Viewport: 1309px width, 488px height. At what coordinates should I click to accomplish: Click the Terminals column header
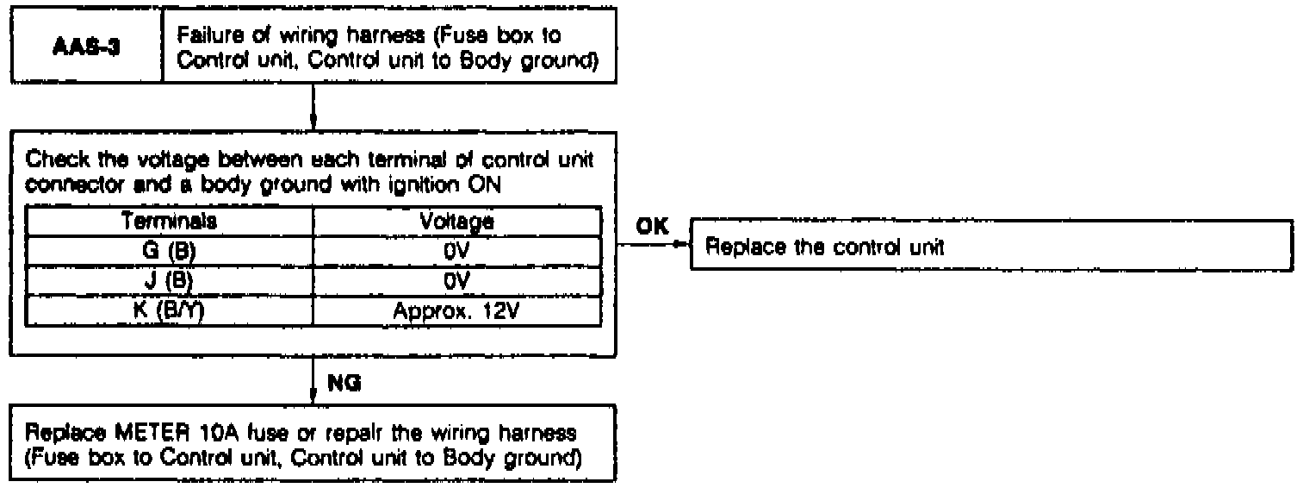click(x=169, y=221)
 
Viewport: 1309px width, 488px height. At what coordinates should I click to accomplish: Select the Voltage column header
click(x=456, y=221)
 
